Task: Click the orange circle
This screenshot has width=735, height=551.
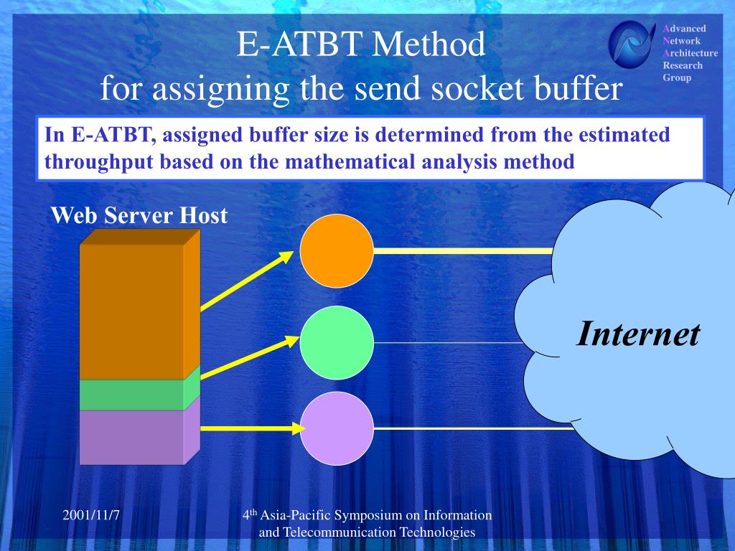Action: click(x=337, y=250)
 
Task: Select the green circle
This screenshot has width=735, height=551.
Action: click(x=337, y=342)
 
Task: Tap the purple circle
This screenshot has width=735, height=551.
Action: click(x=337, y=428)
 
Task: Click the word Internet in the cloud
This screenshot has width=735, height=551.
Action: click(x=638, y=334)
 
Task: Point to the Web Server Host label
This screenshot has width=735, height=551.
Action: click(x=139, y=215)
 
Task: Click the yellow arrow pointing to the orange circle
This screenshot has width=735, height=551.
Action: click(x=247, y=281)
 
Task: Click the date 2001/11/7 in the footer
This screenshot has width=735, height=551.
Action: click(x=91, y=515)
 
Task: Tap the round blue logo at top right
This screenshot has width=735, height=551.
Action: click(x=632, y=44)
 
